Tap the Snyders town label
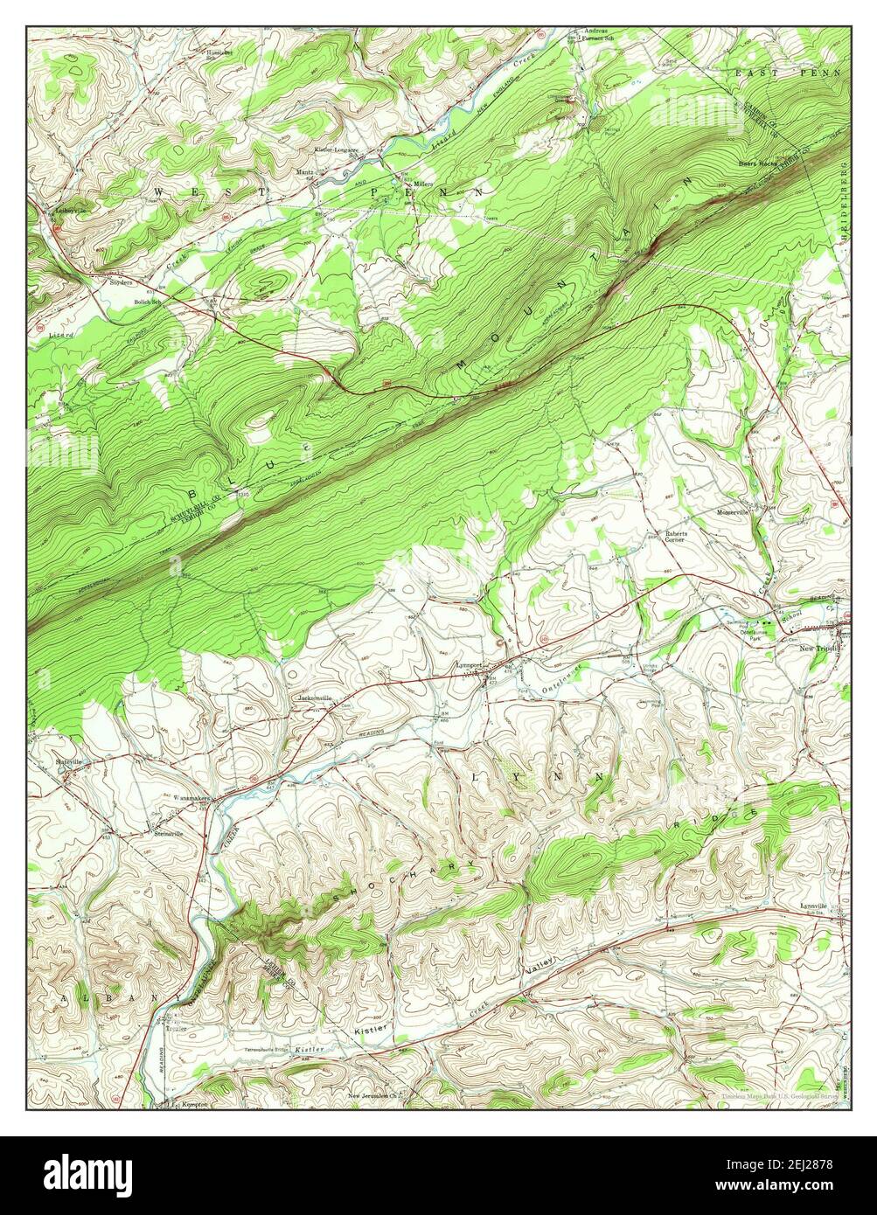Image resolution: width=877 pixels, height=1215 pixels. [120, 282]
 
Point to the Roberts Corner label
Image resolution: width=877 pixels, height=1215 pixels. [674, 537]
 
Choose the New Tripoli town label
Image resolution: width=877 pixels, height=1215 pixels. [820, 649]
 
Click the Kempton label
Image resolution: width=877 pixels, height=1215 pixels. [194, 1105]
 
